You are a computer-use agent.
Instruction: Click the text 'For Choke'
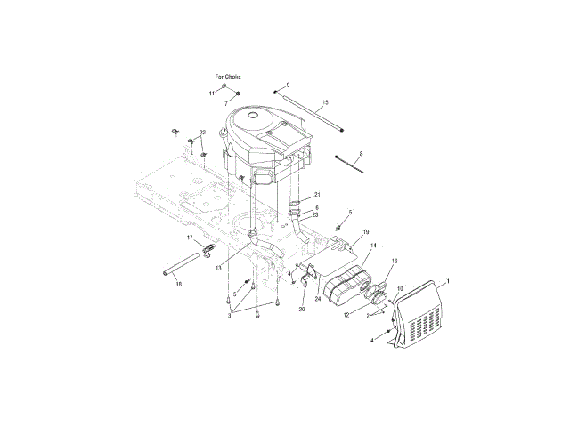tap(228, 77)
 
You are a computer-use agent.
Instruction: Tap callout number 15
tap(325, 102)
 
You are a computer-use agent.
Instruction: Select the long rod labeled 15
tap(310, 112)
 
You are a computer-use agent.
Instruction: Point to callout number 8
tap(361, 154)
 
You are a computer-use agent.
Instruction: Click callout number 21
tap(317, 195)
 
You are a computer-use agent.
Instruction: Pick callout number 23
tap(315, 215)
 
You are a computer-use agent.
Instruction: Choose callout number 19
tap(366, 231)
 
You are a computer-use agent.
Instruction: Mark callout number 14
tap(373, 246)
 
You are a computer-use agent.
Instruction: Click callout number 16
tap(395, 261)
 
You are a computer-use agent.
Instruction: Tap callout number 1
tap(448, 281)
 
